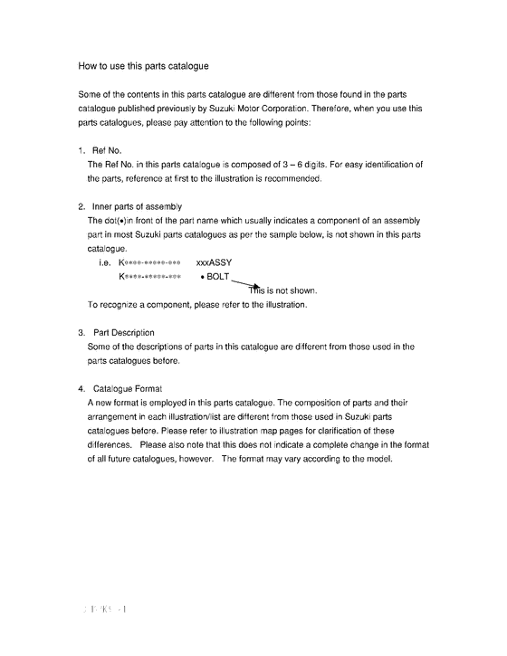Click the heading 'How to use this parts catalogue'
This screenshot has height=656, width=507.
click(x=144, y=66)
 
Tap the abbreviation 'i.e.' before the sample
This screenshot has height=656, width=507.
click(x=104, y=262)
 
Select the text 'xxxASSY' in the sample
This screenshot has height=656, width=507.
click(x=214, y=262)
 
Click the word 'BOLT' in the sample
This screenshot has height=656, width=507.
click(x=218, y=276)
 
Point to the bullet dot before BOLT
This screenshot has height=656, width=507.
click(x=201, y=277)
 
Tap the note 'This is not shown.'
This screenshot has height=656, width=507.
click(x=282, y=290)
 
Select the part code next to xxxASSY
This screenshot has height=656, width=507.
click(x=150, y=262)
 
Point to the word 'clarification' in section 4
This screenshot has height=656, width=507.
click(x=334, y=431)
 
